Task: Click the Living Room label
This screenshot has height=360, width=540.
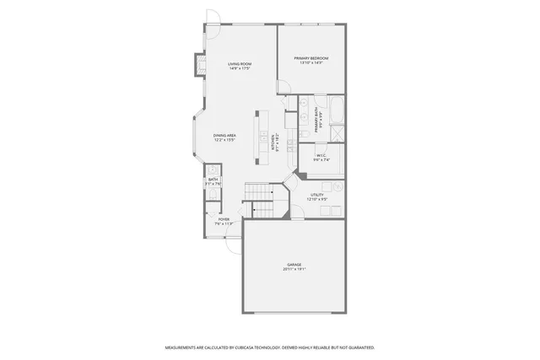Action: point(240,63)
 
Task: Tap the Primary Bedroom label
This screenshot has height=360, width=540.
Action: point(310,58)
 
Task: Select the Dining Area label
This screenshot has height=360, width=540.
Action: point(224,135)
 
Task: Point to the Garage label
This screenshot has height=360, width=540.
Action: point(294,265)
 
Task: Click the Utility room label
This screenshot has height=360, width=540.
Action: point(316,195)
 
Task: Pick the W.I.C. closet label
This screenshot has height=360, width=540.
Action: point(321,155)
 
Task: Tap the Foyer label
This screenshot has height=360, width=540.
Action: point(224,219)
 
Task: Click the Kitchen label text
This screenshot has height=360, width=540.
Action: point(273,145)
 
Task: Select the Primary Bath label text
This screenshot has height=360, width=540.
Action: point(316,121)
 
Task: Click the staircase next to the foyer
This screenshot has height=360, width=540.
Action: point(260,200)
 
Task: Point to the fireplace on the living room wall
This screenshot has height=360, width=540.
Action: point(200,66)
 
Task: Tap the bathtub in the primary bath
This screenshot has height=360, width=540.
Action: point(336,110)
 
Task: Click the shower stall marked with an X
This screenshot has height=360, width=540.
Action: point(337,133)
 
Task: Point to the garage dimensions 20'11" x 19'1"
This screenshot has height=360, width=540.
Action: point(294,270)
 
